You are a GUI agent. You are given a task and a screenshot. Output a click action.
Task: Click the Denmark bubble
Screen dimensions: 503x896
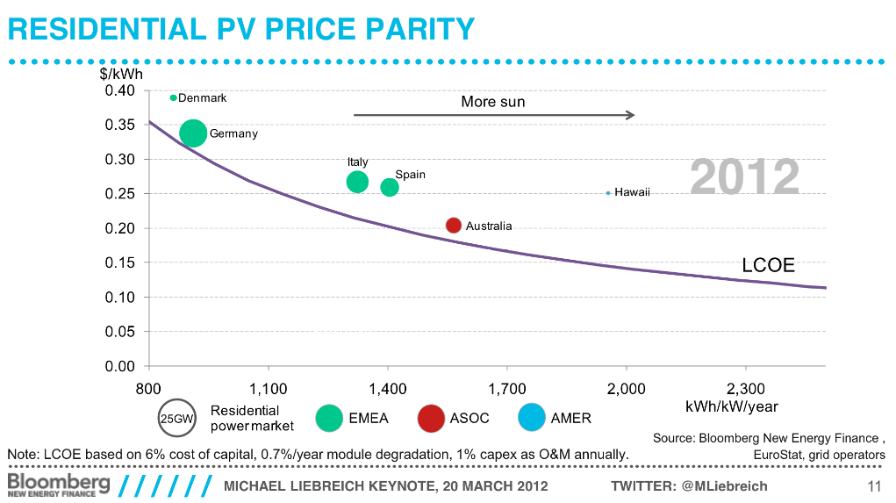[174, 98]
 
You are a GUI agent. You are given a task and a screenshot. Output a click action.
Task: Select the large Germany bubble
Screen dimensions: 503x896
[193, 133]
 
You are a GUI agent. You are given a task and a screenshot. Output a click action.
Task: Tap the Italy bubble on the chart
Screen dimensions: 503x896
[357, 182]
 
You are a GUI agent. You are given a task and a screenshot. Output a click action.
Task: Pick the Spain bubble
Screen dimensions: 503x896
[390, 187]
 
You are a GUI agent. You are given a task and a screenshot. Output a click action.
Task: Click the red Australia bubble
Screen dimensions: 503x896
[454, 226]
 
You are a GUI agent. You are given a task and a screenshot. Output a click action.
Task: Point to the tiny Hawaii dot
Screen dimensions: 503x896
[608, 193]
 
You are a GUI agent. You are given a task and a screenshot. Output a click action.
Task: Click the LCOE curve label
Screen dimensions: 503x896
[768, 266]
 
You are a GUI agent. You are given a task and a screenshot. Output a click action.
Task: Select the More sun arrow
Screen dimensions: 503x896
[493, 115]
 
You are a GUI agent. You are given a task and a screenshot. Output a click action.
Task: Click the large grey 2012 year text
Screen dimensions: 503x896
[744, 177]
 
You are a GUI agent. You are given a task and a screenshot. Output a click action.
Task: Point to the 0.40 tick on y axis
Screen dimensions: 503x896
[119, 91]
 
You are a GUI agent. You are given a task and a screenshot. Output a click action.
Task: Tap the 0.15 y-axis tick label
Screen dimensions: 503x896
[119, 263]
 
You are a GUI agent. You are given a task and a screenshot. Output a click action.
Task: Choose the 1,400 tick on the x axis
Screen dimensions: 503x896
[388, 388]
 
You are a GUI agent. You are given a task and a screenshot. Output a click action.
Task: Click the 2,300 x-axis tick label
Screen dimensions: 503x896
[746, 388]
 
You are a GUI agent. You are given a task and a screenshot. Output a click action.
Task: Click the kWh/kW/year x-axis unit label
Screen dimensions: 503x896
[731, 406]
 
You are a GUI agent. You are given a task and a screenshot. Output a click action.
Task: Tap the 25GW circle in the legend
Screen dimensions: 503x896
[175, 419]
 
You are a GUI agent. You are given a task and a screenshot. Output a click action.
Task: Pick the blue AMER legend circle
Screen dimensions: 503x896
[532, 419]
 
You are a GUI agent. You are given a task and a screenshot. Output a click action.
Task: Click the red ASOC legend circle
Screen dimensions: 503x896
[431, 419]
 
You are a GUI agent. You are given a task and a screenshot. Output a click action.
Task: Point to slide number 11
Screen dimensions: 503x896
[873, 486]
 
